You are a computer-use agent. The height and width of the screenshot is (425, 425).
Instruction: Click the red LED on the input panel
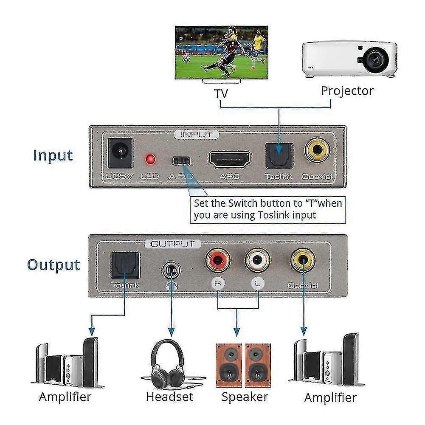(149, 160)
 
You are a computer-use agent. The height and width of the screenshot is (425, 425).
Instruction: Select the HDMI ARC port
(229, 159)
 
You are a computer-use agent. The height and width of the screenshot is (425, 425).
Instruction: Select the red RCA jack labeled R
(217, 260)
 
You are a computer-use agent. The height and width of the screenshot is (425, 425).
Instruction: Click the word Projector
(347, 91)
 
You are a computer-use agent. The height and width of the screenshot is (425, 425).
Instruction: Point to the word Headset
(169, 397)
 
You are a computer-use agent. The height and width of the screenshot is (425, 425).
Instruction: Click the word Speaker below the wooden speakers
(245, 397)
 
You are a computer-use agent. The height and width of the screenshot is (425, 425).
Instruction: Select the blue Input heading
(53, 155)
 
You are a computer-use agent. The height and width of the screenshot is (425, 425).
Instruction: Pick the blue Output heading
(53, 265)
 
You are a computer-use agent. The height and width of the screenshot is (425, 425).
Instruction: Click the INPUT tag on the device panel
(197, 135)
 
